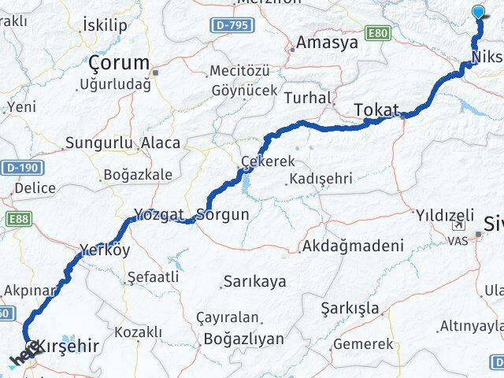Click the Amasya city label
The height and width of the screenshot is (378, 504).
pyautogui.click(x=326, y=42)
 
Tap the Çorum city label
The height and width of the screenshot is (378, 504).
pyautogui.click(x=119, y=62)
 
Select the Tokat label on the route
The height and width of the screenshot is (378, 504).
pyautogui.click(x=376, y=109)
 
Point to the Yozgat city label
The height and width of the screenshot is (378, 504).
pyautogui.click(x=158, y=214)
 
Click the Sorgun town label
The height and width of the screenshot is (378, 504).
pyautogui.click(x=224, y=214)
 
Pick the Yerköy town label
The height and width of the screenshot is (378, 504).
pyautogui.click(x=105, y=251)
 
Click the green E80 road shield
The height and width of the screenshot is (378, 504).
pyautogui.click(x=382, y=35)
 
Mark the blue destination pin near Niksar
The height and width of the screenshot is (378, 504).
pyautogui.click(x=480, y=12)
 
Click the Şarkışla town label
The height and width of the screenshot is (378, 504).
pyautogui.click(x=350, y=307)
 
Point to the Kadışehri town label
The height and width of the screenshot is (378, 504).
pyautogui.click(x=321, y=179)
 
